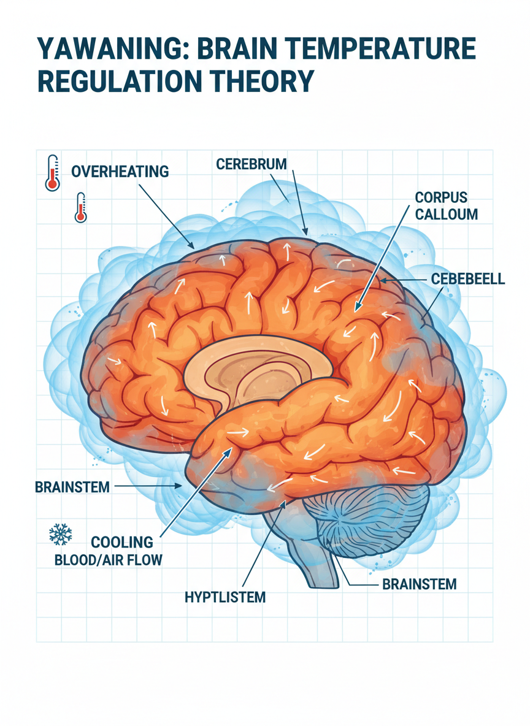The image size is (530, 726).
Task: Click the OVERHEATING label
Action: coord(120,172)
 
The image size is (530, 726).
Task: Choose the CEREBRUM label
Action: coord(252,164)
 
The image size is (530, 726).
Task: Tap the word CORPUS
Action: coord(441,197)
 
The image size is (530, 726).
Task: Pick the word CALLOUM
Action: coord(446,215)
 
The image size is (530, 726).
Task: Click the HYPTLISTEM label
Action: coord(225,597)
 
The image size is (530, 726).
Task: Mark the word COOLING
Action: coord(122,542)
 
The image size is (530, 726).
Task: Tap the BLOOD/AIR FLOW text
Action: coord(109,560)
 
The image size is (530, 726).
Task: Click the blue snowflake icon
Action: coord(60,534)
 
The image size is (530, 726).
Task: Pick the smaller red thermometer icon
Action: coord(80,207)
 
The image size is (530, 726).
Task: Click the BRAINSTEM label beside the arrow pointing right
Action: coord(72,487)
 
